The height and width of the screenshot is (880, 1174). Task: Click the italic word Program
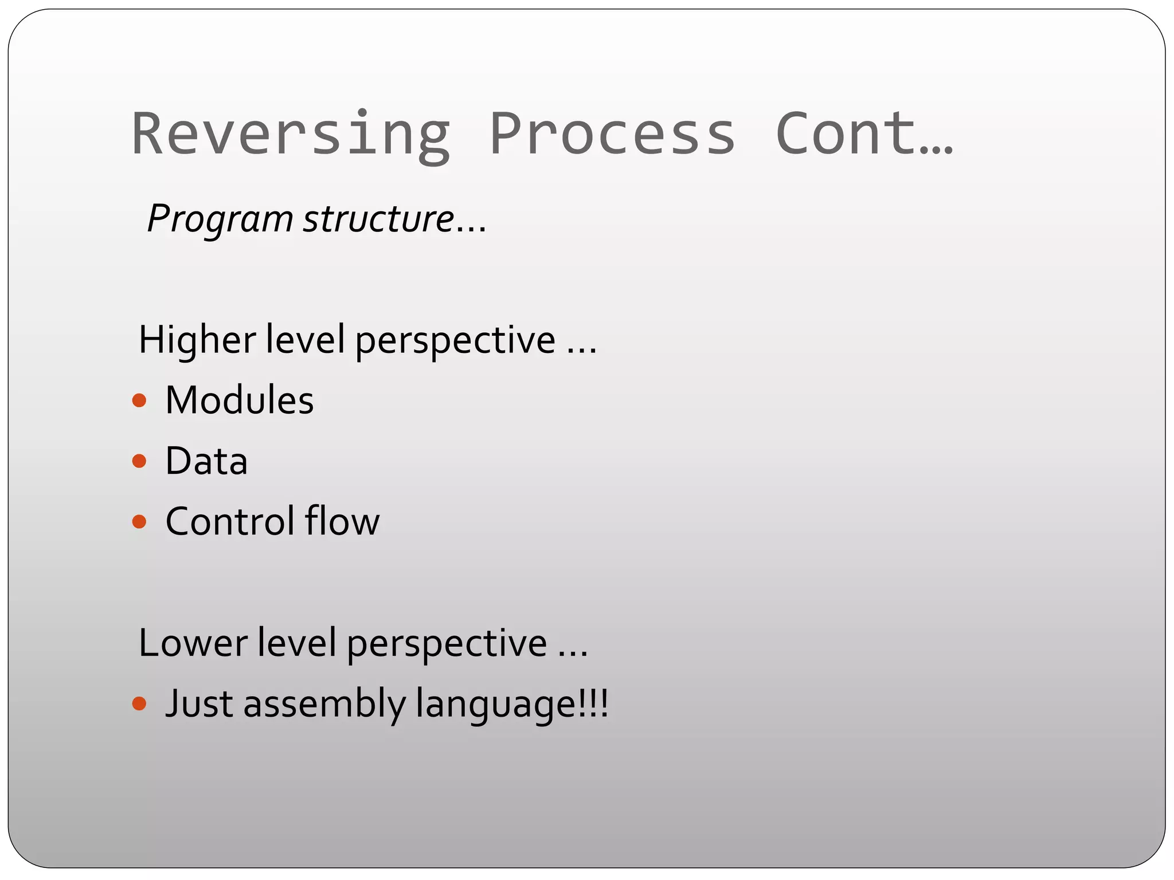tap(220, 219)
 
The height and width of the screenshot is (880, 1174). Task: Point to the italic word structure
tap(378, 219)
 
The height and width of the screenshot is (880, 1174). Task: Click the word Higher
tap(197, 340)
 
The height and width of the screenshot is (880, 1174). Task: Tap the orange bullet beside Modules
tap(139, 400)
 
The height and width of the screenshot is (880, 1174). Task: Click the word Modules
tap(240, 400)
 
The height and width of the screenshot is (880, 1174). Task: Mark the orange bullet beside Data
tap(139, 461)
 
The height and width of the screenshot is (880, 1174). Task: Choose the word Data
tap(206, 461)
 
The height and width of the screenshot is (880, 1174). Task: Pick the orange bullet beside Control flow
tap(139, 521)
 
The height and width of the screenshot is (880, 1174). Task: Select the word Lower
tap(193, 643)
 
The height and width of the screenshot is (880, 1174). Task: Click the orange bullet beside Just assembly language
tap(139, 703)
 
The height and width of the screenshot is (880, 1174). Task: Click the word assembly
tap(324, 704)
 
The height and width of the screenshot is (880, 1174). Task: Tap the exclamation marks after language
tap(593, 703)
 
